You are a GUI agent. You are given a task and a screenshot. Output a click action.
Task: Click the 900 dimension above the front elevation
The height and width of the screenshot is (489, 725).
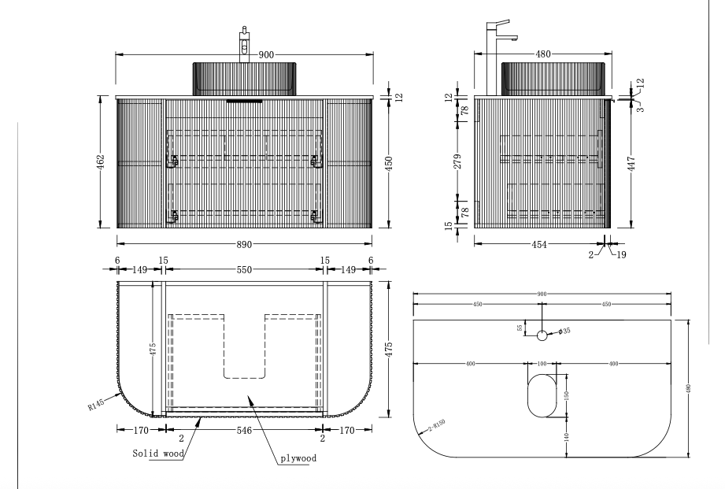tap(266, 54)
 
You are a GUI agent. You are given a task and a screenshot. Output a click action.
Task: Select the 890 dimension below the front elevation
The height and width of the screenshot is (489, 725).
tap(244, 244)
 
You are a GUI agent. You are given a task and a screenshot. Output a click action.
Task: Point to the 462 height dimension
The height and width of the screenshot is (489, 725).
tap(101, 162)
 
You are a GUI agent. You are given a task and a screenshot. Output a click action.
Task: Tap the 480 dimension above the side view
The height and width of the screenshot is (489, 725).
tap(543, 54)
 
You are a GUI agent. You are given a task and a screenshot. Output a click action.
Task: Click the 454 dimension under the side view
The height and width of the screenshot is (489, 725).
tap(539, 244)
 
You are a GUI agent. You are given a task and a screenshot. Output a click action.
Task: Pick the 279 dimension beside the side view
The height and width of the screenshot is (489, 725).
tap(457, 161)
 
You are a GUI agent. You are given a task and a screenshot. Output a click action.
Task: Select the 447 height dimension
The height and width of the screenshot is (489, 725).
tap(631, 164)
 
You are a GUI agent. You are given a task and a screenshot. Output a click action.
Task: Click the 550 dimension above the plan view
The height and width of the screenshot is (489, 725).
tap(244, 270)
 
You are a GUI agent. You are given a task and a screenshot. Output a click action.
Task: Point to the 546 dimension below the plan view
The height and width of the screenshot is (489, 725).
tap(244, 431)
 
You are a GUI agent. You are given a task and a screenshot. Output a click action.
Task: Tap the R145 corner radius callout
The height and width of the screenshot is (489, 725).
tap(96, 404)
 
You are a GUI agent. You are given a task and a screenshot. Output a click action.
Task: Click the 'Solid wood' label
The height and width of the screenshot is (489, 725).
tap(158, 454)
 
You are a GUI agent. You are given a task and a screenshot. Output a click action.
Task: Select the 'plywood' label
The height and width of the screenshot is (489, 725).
tap(298, 458)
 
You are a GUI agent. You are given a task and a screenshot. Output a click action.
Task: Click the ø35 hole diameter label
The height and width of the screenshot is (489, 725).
tap(564, 331)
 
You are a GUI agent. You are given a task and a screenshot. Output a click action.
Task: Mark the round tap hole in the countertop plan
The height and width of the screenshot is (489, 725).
tap(542, 335)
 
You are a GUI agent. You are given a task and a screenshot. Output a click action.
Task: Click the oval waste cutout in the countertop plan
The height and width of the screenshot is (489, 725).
tap(542, 395)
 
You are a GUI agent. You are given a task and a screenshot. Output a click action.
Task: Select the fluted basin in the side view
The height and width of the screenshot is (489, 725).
tap(553, 79)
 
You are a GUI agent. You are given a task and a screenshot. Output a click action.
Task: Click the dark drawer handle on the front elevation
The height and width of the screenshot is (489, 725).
tap(244, 101)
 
